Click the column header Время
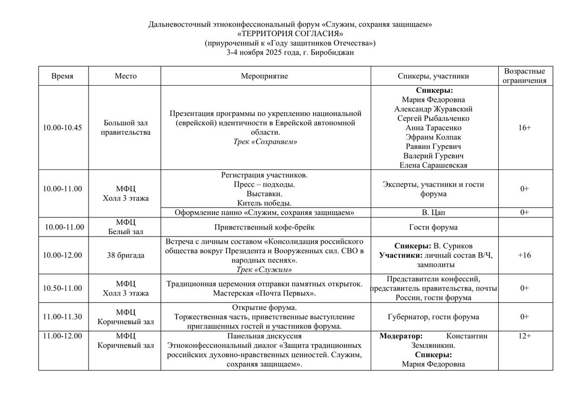62,76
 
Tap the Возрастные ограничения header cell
524,76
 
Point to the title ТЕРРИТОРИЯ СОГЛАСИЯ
290,34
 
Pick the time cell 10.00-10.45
62,128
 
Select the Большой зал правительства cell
125,128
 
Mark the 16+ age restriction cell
524,128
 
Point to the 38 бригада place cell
125,255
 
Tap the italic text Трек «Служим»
264,269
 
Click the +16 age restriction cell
524,255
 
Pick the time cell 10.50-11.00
62,288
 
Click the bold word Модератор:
401,336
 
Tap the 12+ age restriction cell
524,336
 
